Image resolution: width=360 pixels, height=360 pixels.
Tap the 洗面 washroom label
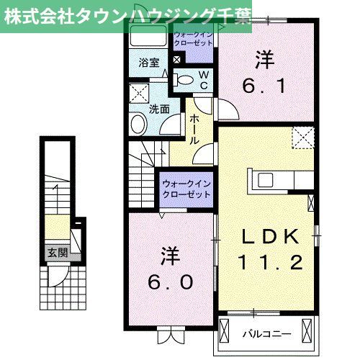[158, 109]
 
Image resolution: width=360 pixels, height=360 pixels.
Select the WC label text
[204, 80]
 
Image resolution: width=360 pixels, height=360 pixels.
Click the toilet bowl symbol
[184, 79]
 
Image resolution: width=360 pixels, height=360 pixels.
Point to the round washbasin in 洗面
[138, 125]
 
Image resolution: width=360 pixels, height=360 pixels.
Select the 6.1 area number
[266, 86]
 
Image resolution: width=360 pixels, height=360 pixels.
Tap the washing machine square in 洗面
[138, 93]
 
